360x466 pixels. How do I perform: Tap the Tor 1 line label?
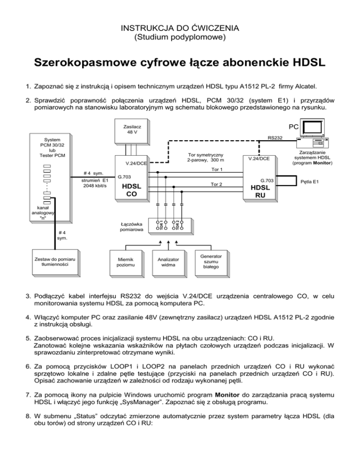[217, 169]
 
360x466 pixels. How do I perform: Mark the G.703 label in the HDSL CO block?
[125, 178]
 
